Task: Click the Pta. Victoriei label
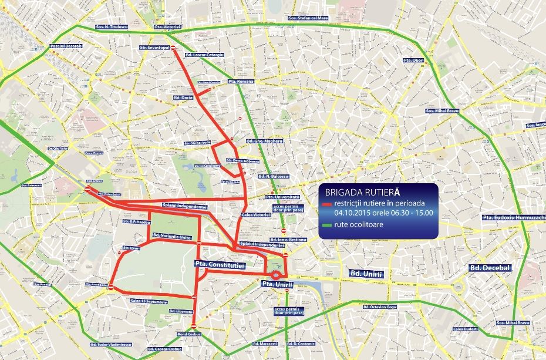(x=167, y=27)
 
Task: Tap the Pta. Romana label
(x=240, y=82)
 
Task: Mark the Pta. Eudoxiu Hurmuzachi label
(x=514, y=217)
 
